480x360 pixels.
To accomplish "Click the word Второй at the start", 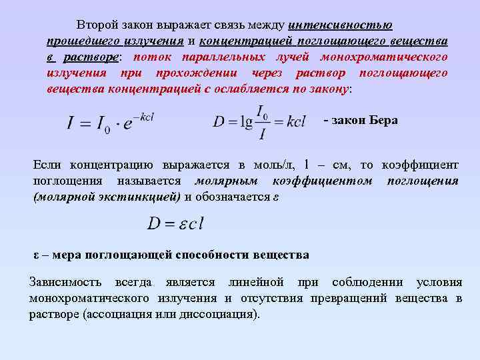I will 97,25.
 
